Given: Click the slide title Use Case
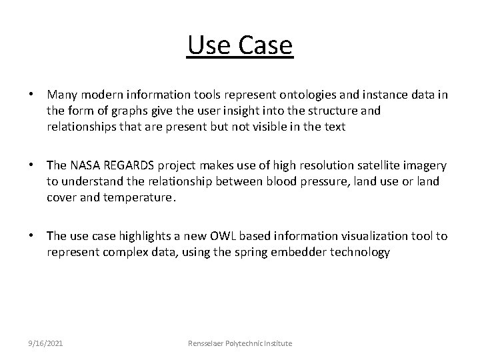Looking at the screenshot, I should click(x=240, y=46).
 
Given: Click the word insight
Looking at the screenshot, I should click(x=229, y=111).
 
